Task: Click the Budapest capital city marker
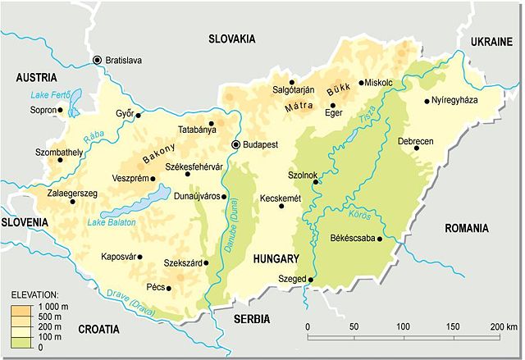tap(237, 144)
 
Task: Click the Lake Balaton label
tap(112, 222)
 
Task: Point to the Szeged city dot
tap(311, 280)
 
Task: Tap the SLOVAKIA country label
tap(232, 39)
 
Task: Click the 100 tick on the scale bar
tap(403, 328)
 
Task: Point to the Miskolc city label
tap(390, 83)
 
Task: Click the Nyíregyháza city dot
tap(427, 102)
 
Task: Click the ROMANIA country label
tap(466, 228)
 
